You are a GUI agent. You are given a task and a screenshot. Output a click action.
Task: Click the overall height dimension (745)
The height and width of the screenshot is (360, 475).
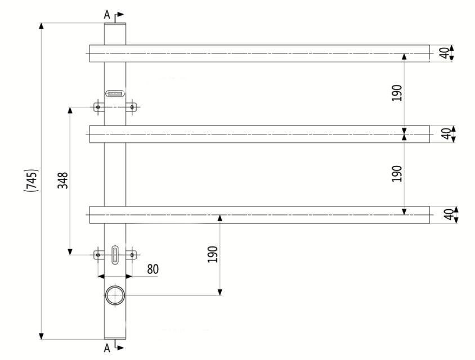click(x=32, y=180)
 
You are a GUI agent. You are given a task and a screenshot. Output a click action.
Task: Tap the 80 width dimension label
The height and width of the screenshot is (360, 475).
click(x=153, y=269)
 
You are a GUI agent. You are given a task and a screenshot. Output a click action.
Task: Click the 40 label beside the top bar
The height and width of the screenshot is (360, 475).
click(x=445, y=53)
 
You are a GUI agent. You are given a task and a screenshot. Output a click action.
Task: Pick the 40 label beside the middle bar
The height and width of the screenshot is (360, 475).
click(x=445, y=134)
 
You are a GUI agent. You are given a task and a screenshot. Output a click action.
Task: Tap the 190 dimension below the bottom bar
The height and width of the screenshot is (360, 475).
click(x=212, y=254)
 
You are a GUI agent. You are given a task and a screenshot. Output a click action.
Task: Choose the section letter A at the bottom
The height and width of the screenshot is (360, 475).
click(x=107, y=348)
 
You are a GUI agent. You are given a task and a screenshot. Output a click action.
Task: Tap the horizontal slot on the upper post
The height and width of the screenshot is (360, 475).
click(x=115, y=93)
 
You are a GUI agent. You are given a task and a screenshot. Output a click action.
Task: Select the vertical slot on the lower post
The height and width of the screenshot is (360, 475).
click(x=115, y=254)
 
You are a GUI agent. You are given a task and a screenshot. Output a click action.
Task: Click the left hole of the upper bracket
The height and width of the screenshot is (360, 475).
click(x=98, y=106)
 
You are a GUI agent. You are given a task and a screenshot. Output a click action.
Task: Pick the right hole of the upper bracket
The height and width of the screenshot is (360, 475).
click(x=132, y=106)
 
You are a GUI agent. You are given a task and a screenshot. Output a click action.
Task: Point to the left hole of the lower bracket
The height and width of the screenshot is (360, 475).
click(x=98, y=255)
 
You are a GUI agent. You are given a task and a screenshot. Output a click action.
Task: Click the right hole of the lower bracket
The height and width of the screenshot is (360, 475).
click(x=132, y=255)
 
